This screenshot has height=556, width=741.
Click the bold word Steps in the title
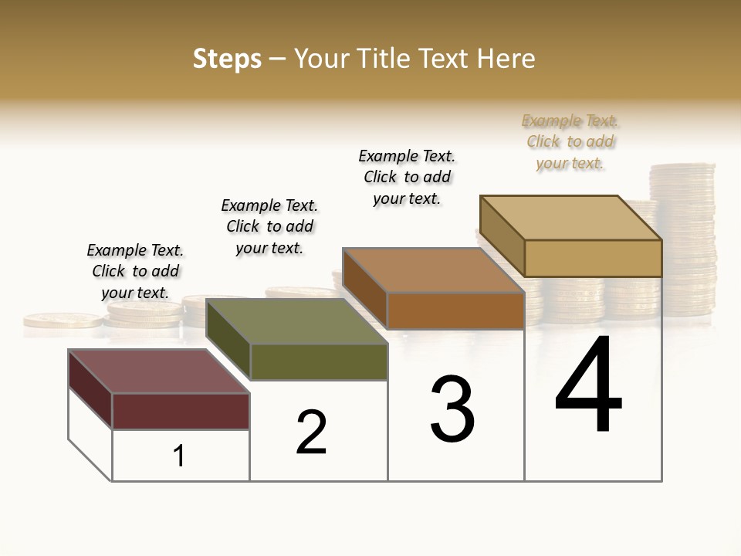[227, 59]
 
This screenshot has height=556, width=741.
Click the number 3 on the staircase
[452, 409]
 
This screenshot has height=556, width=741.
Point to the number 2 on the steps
[311, 432]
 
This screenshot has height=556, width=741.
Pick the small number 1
[179, 456]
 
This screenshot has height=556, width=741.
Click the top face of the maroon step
[158, 371]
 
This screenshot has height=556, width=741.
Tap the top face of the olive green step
[296, 321]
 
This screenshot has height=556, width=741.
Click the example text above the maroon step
[135, 271]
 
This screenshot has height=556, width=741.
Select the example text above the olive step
[269, 226]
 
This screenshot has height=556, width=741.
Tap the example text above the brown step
[407, 177]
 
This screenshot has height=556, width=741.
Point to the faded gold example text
[570, 141]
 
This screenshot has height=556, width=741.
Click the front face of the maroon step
[181, 411]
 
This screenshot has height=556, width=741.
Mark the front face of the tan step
[593, 258]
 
